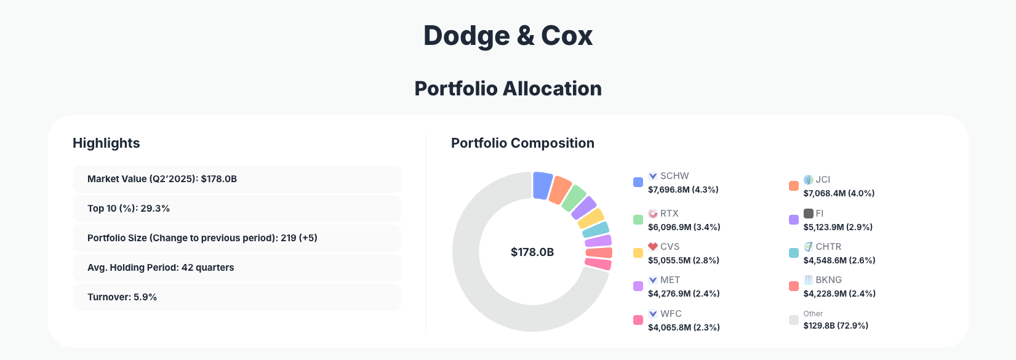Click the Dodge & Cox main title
pyautogui.click(x=508, y=36)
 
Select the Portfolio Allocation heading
pyautogui.click(x=508, y=89)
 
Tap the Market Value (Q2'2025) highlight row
pyautogui.click(x=236, y=179)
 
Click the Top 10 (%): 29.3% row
pyautogui.click(x=236, y=209)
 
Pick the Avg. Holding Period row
pyautogui.click(x=236, y=268)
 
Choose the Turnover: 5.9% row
pyautogui.click(x=236, y=297)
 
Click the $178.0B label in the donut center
pyautogui.click(x=532, y=252)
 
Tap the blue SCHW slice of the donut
pyautogui.click(x=542, y=185)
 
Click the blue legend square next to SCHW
pyautogui.click(x=638, y=182)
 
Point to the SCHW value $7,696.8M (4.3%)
pyautogui.click(x=683, y=190)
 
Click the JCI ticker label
pyautogui.click(x=823, y=180)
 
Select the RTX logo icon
pyautogui.click(x=653, y=214)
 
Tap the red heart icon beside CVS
pyautogui.click(x=653, y=247)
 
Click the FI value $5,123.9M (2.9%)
pyautogui.click(x=838, y=227)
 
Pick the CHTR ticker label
pyautogui.click(x=828, y=247)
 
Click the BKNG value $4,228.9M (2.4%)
pyautogui.click(x=839, y=294)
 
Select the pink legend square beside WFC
pyautogui.click(x=638, y=320)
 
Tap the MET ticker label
pyautogui.click(x=670, y=280)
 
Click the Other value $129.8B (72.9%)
pyautogui.click(x=836, y=326)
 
